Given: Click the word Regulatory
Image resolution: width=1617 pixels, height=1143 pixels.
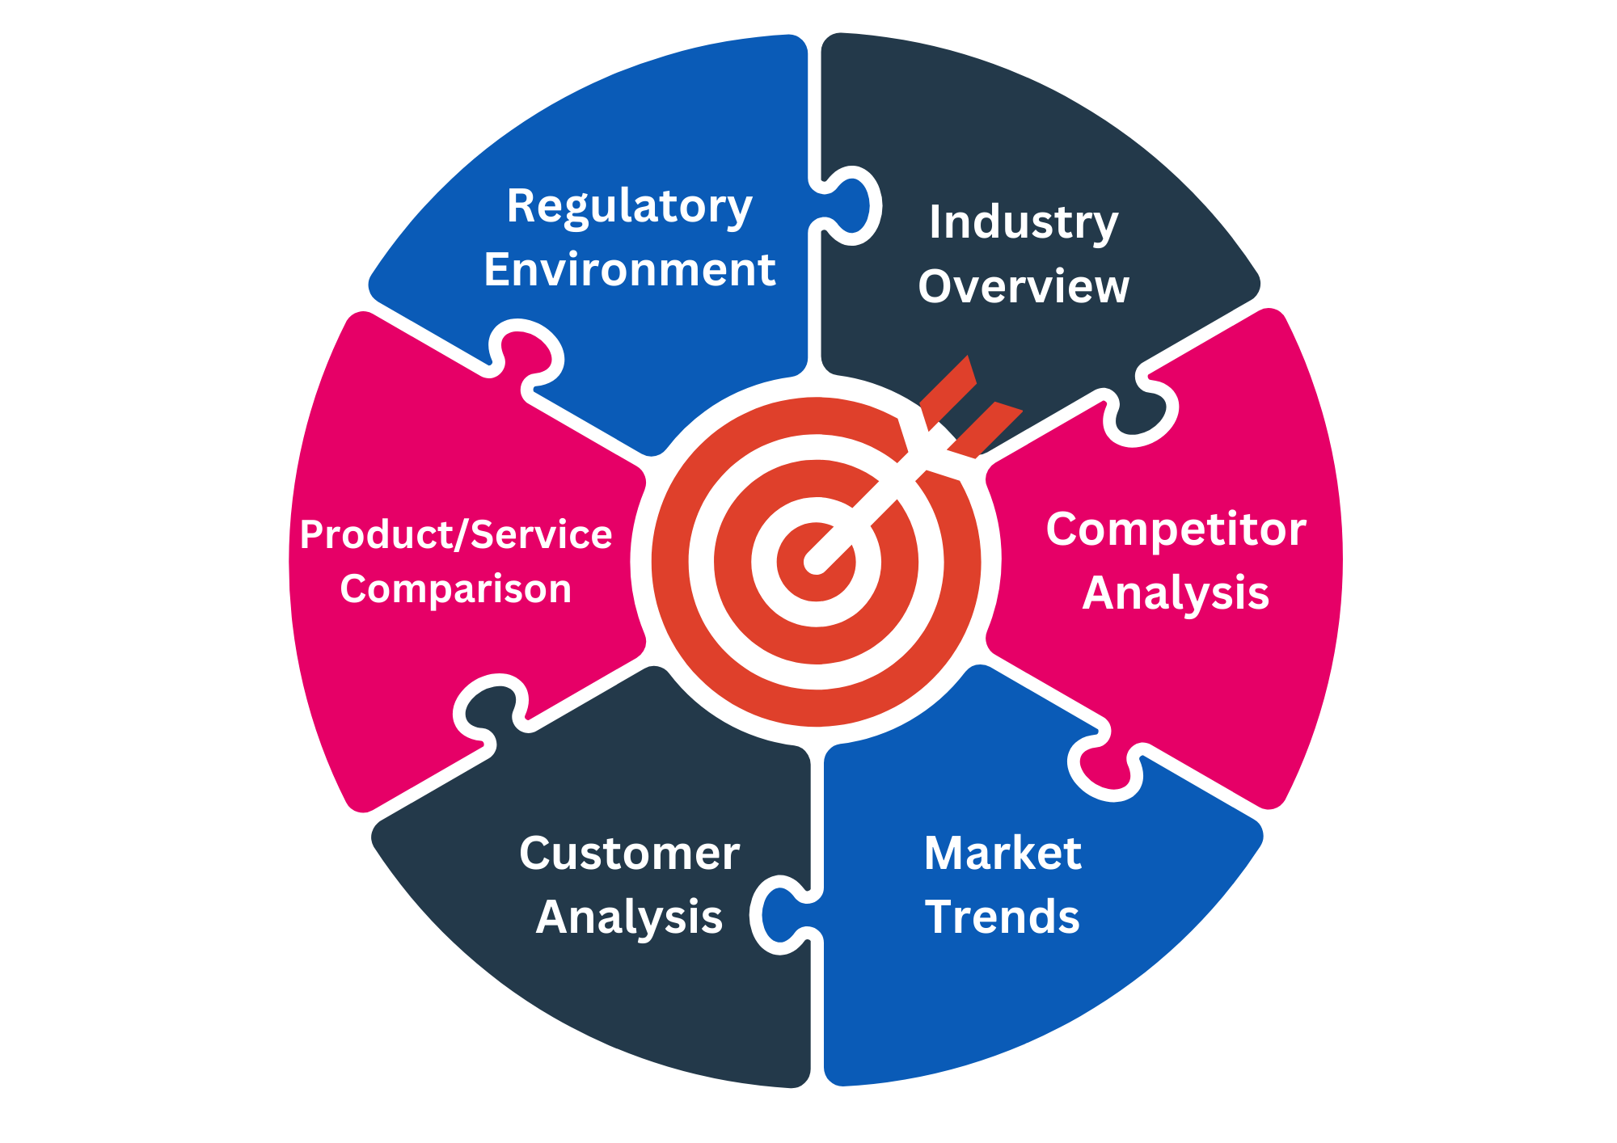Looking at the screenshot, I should (629, 207).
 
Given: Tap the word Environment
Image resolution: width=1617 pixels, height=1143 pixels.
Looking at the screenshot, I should (629, 270).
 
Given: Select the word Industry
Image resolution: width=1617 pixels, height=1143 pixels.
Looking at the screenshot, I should (1024, 222).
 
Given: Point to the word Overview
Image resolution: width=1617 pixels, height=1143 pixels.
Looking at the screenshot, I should (1024, 287).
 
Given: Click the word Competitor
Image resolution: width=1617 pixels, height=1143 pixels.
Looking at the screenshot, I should (1176, 530).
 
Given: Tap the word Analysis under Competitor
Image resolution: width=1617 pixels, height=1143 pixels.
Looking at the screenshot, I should (1176, 593).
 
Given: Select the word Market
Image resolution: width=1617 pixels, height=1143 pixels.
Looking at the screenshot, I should (1003, 854).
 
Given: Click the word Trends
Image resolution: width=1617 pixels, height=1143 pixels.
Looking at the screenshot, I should (1003, 917).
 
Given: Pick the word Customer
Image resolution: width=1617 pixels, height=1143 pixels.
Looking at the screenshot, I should (629, 854).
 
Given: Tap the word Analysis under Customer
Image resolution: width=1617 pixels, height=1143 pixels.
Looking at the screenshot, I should (629, 917).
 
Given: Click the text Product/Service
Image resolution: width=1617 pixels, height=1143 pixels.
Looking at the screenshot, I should (456, 535).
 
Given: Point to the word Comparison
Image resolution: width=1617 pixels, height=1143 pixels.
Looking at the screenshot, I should (456, 589).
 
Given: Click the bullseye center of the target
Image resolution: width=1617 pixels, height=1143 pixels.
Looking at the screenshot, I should (816, 562).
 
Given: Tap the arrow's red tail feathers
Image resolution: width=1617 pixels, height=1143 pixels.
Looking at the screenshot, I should (970, 408).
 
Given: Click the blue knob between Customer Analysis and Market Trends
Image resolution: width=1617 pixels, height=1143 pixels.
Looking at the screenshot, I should (779, 913).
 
